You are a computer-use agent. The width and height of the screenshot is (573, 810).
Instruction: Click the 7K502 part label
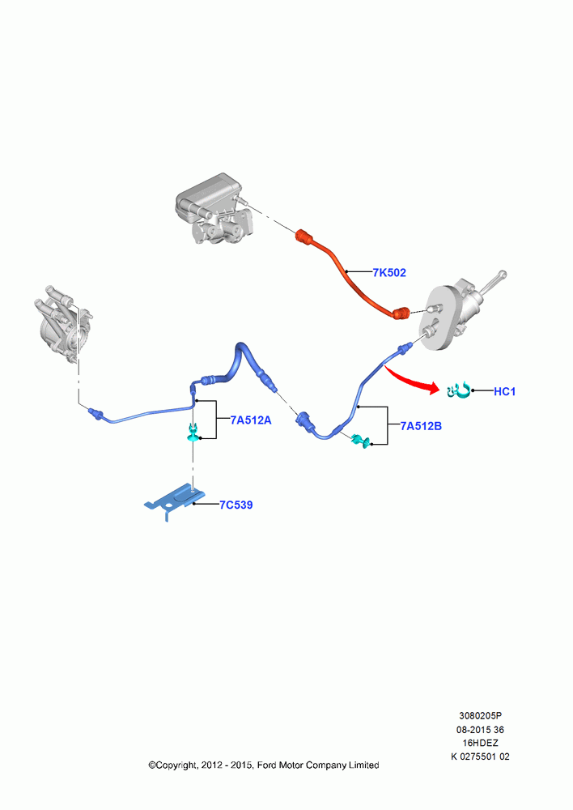click(x=389, y=272)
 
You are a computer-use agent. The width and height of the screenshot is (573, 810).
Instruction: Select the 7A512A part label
click(x=251, y=420)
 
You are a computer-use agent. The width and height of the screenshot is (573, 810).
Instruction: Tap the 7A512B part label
click(x=421, y=426)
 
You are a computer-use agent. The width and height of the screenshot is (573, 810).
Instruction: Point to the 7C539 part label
click(x=236, y=505)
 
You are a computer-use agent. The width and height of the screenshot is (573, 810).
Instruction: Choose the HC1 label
click(x=504, y=391)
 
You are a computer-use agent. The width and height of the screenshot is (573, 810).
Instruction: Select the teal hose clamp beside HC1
click(x=459, y=390)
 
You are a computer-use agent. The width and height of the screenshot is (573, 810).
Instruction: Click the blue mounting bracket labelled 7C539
click(x=172, y=501)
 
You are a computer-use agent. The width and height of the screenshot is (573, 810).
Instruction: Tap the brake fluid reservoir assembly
click(x=214, y=208)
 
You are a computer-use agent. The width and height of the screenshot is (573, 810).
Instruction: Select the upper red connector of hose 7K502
click(x=304, y=237)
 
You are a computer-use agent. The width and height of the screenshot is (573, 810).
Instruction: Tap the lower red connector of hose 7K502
click(x=401, y=313)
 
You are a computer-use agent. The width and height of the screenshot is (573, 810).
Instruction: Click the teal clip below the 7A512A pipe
click(x=193, y=432)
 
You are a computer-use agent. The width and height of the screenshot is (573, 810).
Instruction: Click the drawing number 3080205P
click(x=480, y=715)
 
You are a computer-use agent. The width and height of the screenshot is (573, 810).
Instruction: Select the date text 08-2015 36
click(x=480, y=730)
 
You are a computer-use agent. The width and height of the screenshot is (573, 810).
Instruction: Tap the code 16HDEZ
click(x=480, y=743)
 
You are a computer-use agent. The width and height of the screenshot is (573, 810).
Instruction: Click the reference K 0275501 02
click(x=480, y=757)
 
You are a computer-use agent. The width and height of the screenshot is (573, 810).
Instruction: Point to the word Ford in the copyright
click(x=267, y=765)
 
